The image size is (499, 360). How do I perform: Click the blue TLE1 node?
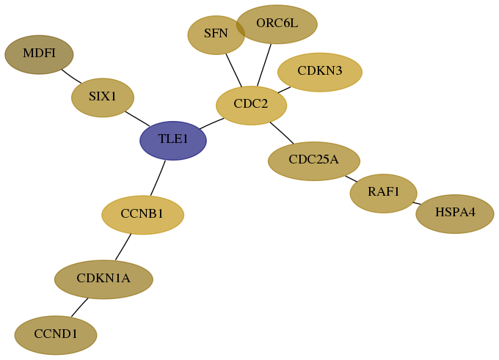pos(173,141)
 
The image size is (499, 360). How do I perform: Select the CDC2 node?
pos(251,106)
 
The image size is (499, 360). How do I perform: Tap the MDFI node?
pos(39,55)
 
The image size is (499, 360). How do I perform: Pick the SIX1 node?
pos(103,98)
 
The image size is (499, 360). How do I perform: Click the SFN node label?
pos(216,33)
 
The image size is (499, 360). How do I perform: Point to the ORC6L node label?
pos(277,23)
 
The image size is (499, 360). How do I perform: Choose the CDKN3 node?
pos(320,72)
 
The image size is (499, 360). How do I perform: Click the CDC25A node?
pos(314,161)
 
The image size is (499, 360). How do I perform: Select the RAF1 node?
pos(384,194)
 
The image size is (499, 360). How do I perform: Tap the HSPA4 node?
pos(455,214)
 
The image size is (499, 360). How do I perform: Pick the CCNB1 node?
pos(142,215)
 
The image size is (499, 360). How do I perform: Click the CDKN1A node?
pos(103,279)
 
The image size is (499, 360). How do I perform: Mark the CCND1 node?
pos(56,335)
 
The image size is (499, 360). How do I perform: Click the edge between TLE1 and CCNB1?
pos(159,177)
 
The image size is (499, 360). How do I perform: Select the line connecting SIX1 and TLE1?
pos(137,119)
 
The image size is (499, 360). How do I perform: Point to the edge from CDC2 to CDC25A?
pos(282,133)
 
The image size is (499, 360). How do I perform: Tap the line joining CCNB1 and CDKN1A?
pos(123,247)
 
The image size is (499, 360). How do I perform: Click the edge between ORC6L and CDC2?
pos(264,65)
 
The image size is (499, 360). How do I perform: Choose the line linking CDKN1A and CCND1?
pos(79,307)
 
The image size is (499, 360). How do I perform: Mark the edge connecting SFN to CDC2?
pos(234,70)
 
